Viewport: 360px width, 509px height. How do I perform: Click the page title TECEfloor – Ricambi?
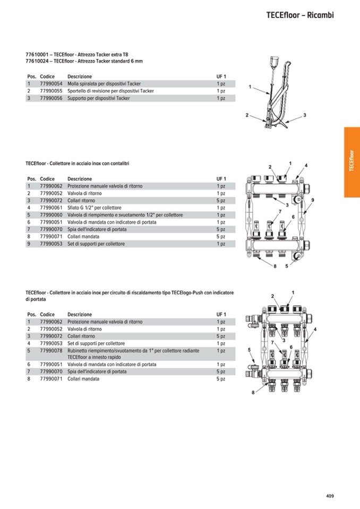pos(300,15)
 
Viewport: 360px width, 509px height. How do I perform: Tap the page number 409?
pos(330,496)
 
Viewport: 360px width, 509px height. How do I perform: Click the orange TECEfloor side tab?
pos(352,162)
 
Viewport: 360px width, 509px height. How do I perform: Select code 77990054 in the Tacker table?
pos(51,84)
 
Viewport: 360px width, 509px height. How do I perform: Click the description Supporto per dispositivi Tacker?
pos(99,98)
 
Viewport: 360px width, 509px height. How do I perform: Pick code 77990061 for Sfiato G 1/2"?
pos(51,208)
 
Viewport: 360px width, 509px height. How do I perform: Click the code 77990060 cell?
pos(51,215)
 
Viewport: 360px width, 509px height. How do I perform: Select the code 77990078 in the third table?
pos(51,351)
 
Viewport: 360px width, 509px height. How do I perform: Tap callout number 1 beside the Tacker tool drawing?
pos(250,87)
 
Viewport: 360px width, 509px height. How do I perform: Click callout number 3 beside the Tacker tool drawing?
pos(305,115)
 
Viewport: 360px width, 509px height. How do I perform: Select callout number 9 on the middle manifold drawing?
pos(313,200)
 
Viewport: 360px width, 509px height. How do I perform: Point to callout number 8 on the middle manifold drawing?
pos(275,266)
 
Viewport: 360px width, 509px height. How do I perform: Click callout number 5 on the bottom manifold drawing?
pos(249,349)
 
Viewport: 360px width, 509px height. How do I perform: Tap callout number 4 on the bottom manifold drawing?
pos(315,329)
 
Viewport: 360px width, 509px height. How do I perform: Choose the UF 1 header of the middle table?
pos(221,179)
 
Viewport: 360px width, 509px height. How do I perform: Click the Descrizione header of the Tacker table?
pos(80,76)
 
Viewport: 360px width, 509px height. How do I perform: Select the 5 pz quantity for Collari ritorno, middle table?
pos(221,201)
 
